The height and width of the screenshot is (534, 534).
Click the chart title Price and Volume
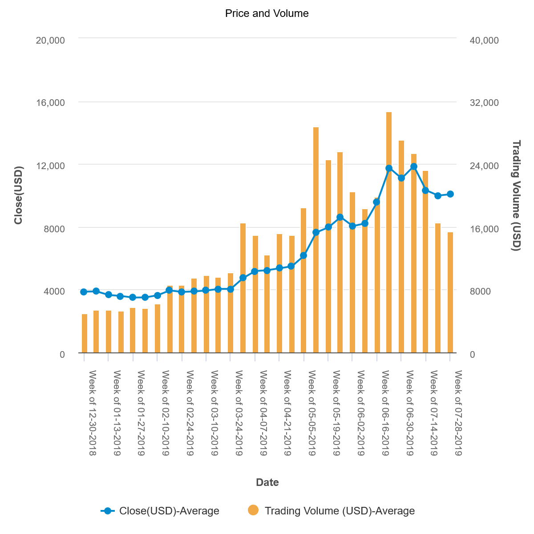pos(267,13)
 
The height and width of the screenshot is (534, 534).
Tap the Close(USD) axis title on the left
pos(18,195)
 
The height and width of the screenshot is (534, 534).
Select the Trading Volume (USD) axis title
pos(516,195)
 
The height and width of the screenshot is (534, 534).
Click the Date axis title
pos(267,482)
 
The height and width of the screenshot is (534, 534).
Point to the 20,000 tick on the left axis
pos(50,40)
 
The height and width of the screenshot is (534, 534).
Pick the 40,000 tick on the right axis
pos(484,40)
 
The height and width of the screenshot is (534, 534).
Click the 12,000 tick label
pos(50,166)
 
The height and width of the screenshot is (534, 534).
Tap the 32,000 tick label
pos(484,102)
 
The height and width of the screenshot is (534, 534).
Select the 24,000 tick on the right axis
pos(484,166)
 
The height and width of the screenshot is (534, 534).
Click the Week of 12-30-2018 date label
pos(92,413)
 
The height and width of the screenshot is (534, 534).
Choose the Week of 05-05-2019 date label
pos(312,413)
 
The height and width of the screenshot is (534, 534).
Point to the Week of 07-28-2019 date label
pos(458,413)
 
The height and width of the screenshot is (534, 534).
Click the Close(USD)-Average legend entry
pos(160,511)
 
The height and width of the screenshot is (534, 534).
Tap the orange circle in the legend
pos(253,510)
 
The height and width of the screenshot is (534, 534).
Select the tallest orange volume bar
pos(389,232)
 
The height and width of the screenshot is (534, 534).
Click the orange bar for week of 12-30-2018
pos(84,333)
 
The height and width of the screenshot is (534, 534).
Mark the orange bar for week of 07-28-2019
pos(450,292)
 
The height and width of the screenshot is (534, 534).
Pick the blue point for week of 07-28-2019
pos(450,194)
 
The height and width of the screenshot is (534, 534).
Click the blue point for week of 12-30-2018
pos(84,292)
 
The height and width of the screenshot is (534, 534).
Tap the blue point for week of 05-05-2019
pos(303,255)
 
